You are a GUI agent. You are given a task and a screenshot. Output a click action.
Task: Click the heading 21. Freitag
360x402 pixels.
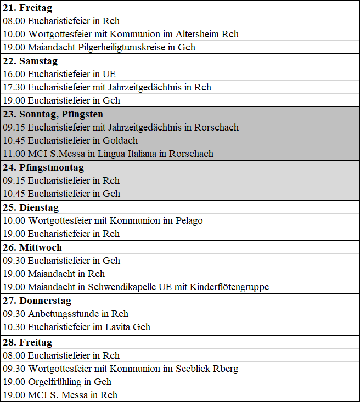(27, 8)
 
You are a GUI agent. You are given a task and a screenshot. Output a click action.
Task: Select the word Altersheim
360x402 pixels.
(196, 34)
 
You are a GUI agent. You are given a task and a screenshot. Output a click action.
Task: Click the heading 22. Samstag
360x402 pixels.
(30, 61)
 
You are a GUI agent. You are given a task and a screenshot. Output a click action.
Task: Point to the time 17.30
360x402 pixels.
(14, 87)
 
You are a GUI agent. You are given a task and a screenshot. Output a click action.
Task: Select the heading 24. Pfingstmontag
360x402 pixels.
(43, 167)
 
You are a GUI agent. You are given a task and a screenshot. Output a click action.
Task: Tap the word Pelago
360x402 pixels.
(188, 220)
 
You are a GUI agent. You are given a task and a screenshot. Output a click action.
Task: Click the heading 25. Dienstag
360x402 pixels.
(31, 207)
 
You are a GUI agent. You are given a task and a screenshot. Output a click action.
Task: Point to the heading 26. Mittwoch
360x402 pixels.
(32, 247)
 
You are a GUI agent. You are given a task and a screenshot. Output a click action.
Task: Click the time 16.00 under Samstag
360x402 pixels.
(14, 74)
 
